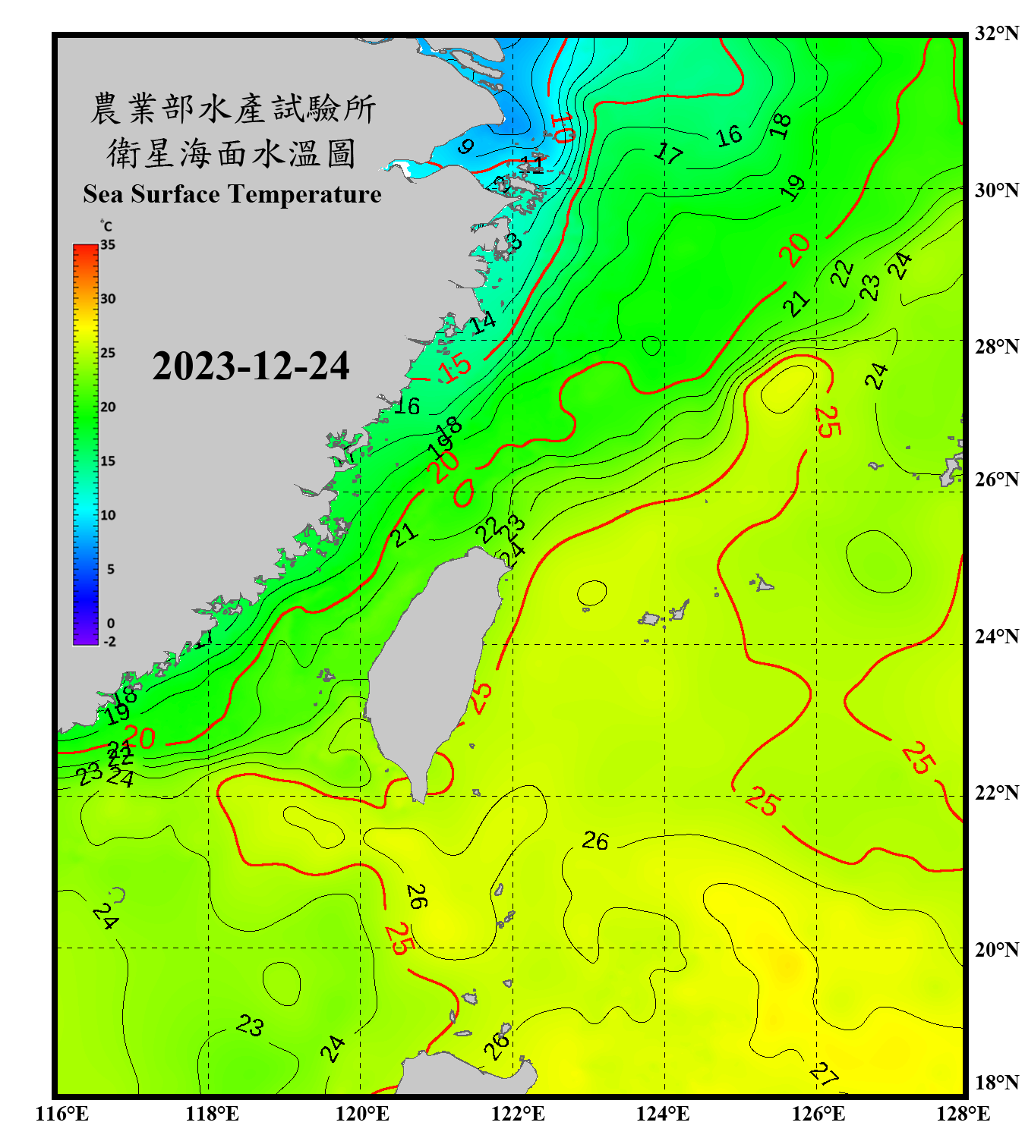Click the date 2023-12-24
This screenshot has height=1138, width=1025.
(251, 366)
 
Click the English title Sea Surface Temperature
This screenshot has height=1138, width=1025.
(232, 194)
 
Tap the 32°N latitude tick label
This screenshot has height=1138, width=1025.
(996, 33)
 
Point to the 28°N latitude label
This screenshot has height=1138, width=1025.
(996, 346)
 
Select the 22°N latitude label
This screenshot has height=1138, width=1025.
(996, 793)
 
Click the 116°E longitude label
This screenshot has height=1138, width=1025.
(62, 1114)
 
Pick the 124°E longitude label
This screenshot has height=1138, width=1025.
(663, 1114)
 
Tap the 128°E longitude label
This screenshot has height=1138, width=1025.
(963, 1114)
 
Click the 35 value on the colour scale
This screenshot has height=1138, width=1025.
(108, 245)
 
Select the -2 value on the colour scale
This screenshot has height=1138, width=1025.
(109, 641)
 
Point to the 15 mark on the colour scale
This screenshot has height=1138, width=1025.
(108, 461)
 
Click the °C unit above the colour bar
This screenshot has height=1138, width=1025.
(106, 226)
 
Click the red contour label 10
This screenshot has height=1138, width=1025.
(563, 127)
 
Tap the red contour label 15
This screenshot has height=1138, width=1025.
(456, 369)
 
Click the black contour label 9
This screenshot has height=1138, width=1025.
(466, 146)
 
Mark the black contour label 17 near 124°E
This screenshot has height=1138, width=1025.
(668, 153)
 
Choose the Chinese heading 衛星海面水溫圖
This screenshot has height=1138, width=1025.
(232, 153)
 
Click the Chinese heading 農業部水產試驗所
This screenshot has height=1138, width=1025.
(232, 109)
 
